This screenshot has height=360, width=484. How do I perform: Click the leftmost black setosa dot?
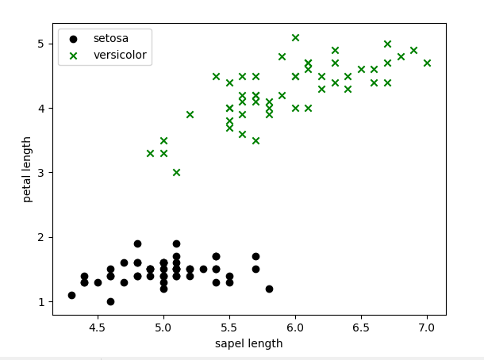71,295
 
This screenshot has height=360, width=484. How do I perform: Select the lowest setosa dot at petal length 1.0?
110,301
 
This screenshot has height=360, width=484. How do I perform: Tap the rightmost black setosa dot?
269,289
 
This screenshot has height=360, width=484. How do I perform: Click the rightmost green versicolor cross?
427,63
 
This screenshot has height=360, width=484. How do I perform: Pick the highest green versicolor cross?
295,37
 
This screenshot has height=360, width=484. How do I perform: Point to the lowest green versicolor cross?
176,172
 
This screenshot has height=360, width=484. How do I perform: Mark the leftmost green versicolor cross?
150,153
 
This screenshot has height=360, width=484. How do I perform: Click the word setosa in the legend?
110,38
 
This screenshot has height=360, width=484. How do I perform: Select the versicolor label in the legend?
120,56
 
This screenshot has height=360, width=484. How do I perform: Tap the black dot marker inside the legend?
73,38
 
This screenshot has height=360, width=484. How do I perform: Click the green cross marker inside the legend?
73,56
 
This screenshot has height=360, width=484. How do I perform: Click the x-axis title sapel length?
248,343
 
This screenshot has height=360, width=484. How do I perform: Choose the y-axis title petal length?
27,169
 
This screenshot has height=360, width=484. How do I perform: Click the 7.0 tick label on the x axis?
427,326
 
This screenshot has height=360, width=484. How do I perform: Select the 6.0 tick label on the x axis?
295,326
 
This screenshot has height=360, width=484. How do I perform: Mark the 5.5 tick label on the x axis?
229,326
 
